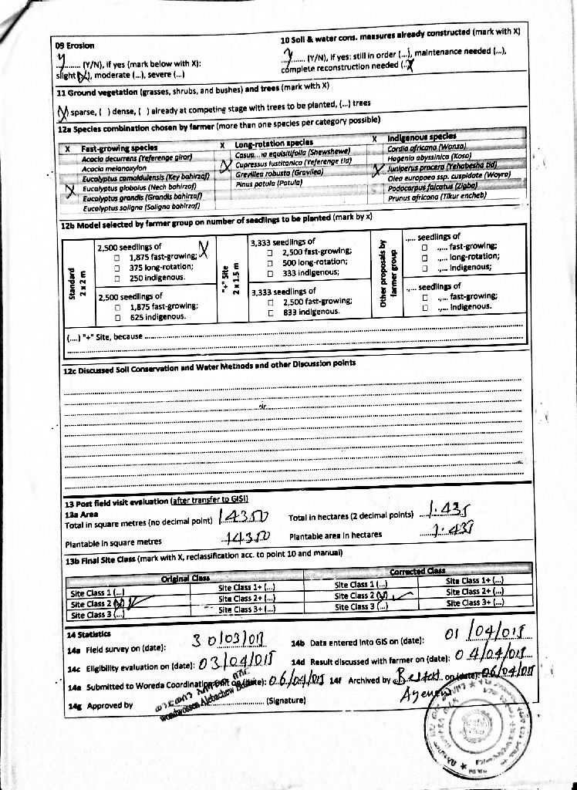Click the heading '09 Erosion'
tap(75, 46)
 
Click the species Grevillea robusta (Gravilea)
tap(268, 173)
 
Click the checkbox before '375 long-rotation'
tap(116, 267)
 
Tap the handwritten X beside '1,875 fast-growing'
tap(204, 249)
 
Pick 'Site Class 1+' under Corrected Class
tap(474, 580)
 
